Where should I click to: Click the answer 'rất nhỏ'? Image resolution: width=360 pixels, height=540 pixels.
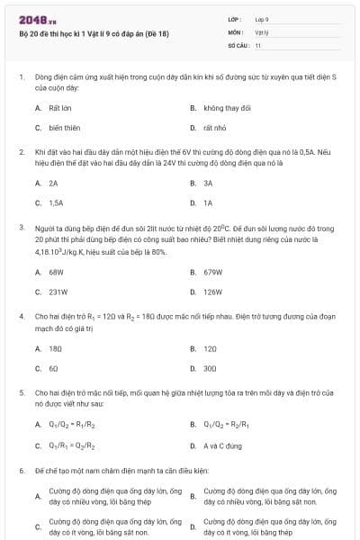tap(213, 128)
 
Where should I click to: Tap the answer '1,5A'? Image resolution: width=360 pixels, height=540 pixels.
tap(56, 202)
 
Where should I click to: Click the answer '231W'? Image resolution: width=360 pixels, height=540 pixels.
tap(58, 292)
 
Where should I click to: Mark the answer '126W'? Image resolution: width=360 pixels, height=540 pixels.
tap(212, 292)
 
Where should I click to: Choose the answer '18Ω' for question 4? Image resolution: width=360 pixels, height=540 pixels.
tap(55, 347)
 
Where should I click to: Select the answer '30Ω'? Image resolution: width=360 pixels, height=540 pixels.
tap(210, 368)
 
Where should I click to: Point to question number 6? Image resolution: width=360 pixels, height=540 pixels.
tap(21, 470)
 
